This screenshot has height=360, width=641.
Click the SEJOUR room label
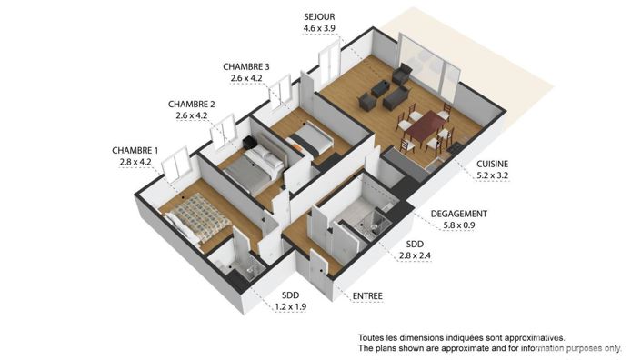point(318,17)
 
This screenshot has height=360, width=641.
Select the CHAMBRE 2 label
point(191,104)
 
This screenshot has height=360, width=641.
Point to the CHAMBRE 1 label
point(135,150)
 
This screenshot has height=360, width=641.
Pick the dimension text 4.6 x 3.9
point(318,29)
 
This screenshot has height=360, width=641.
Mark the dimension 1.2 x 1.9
point(292,306)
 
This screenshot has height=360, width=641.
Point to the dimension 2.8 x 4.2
point(135,162)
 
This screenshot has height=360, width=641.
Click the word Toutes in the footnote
point(374,336)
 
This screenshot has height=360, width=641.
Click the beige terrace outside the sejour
point(509,64)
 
